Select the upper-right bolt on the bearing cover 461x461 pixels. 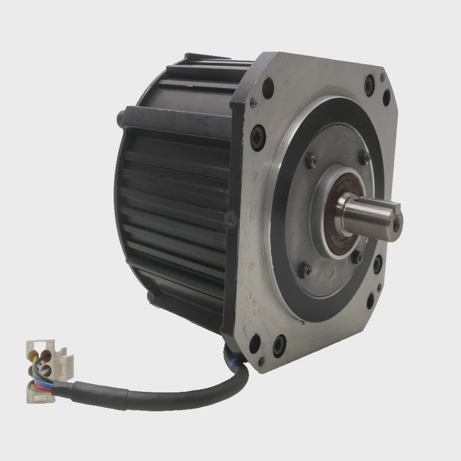[x=365, y=157]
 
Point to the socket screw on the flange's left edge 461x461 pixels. [x=258, y=138]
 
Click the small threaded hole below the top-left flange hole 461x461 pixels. [x=253, y=102]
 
